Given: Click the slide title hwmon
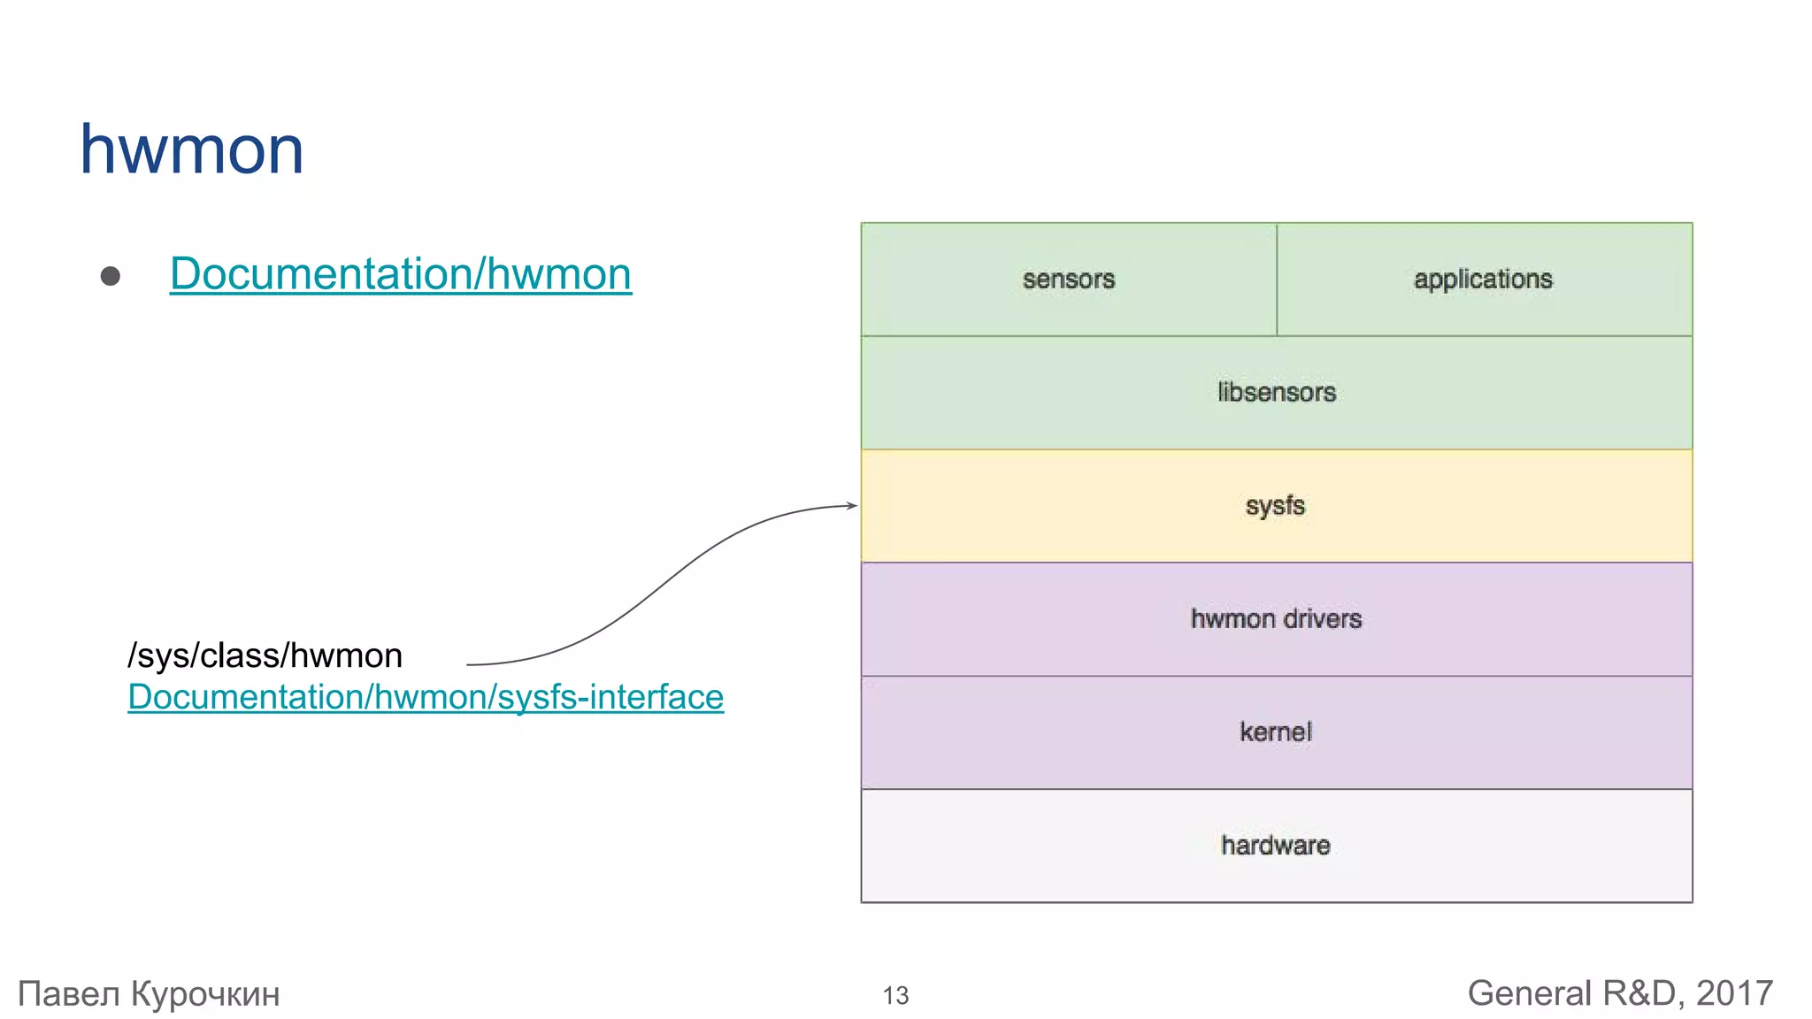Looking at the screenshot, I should (192, 149).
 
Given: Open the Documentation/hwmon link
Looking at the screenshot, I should (400, 273).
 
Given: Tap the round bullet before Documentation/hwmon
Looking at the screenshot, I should (111, 276).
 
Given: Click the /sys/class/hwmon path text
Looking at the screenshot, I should (265, 655).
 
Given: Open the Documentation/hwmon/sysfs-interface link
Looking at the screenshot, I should (426, 697).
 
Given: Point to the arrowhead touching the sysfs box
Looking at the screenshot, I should (852, 506).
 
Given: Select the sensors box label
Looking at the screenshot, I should (1068, 280).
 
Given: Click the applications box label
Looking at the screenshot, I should (1483, 280).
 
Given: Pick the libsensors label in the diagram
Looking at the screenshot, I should (1276, 392).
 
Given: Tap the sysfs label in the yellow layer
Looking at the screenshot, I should (1275, 506).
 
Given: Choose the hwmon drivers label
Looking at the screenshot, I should (1276, 618).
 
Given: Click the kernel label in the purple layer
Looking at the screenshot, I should (1275, 732).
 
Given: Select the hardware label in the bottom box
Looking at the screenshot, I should (1275, 846).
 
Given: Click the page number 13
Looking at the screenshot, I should (895, 996).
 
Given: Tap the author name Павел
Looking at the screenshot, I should (69, 994).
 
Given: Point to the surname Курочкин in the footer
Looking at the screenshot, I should (205, 994).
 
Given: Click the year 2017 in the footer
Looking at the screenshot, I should (1734, 993).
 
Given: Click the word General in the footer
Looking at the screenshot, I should (1529, 993).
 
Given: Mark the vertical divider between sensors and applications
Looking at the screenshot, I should (1277, 280).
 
